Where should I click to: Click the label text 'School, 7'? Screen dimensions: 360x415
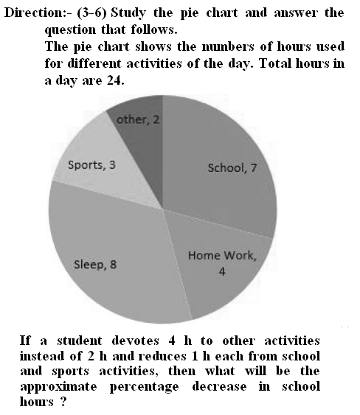(x=232, y=168)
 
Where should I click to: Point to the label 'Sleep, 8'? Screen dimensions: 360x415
(x=95, y=265)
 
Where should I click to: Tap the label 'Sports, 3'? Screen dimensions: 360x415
(x=91, y=164)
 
